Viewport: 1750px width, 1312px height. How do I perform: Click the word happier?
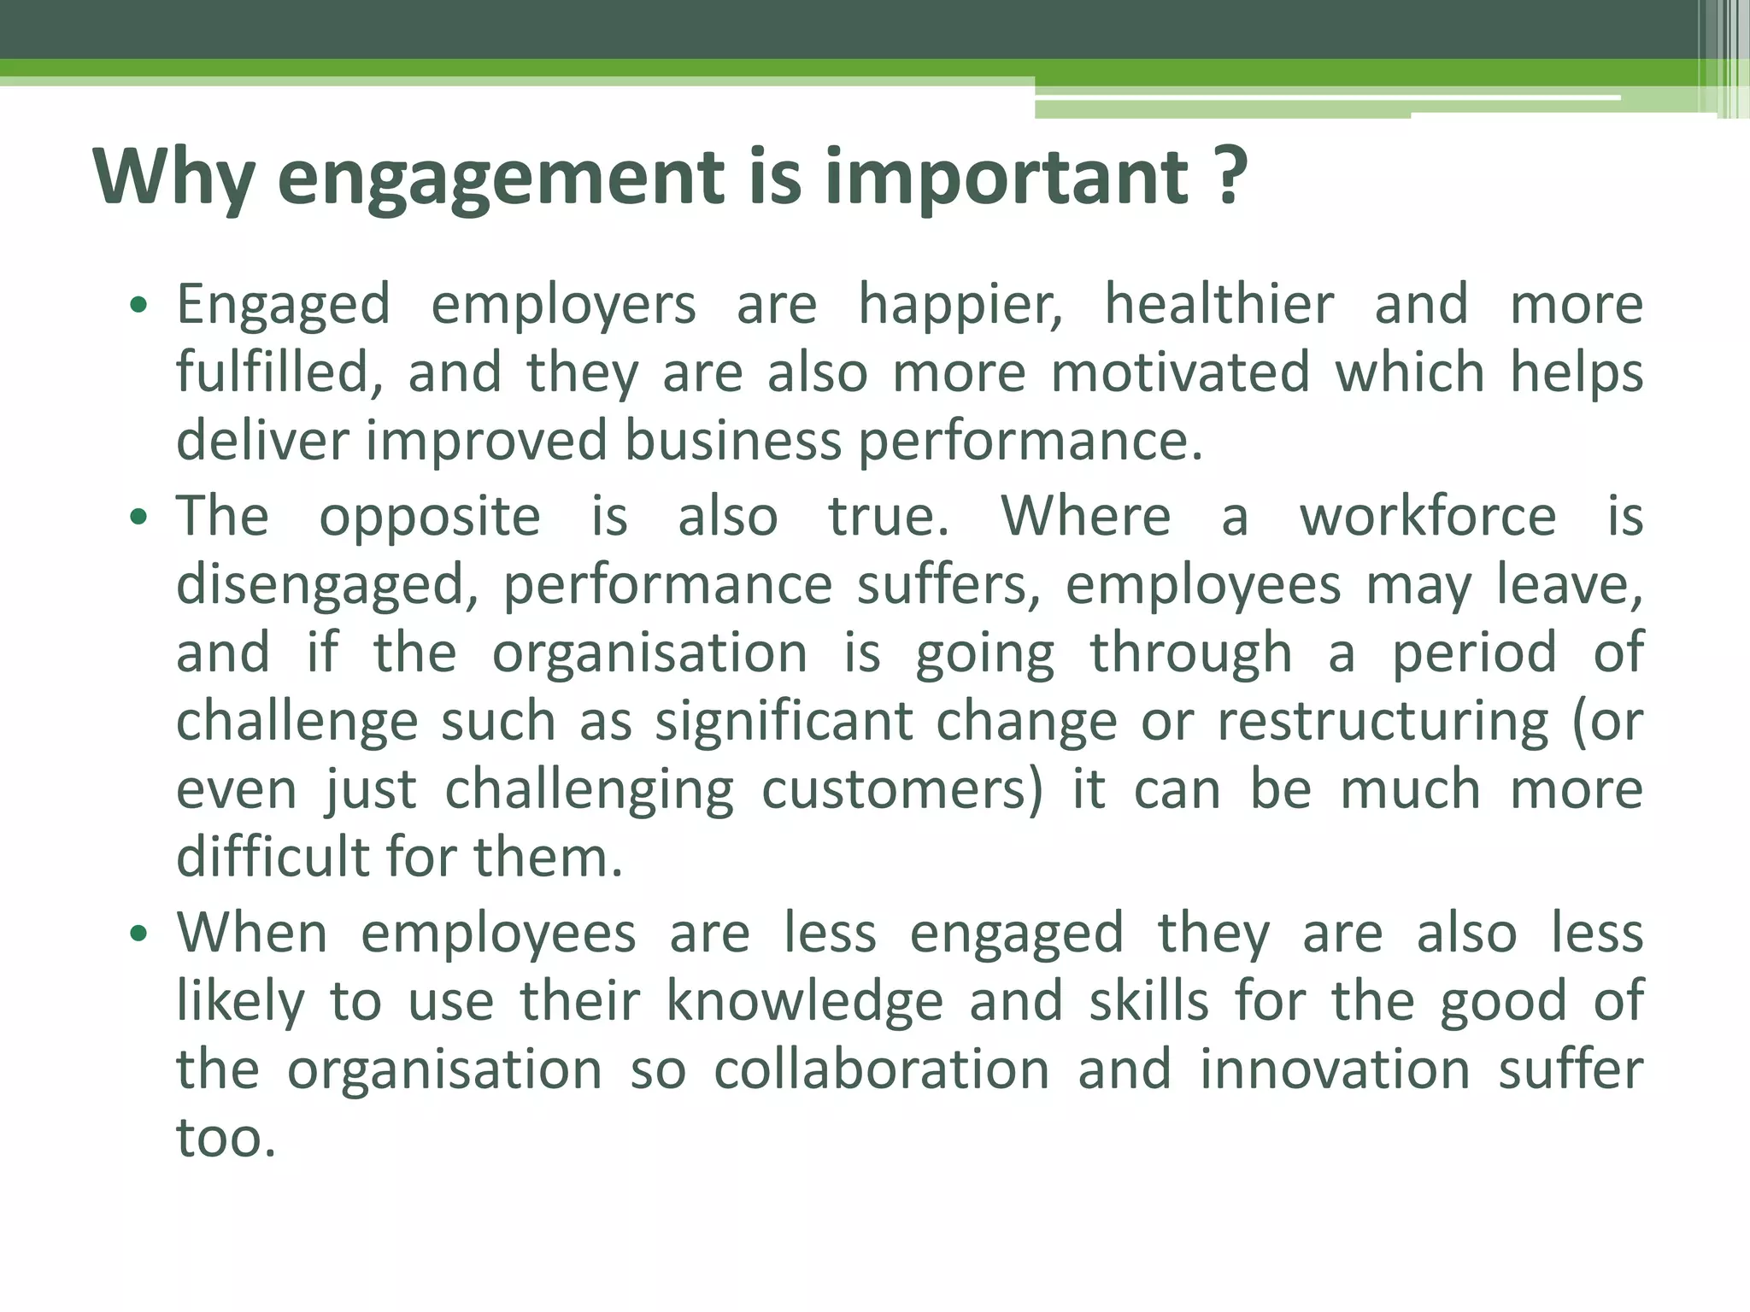[x=960, y=306]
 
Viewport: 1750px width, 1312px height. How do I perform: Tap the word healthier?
[x=1219, y=304]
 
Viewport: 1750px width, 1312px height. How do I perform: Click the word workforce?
[x=1428, y=516]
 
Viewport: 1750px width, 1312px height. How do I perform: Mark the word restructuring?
[x=1382, y=722]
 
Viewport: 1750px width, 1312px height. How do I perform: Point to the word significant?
[x=784, y=722]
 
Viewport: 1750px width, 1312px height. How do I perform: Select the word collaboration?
[x=881, y=1069]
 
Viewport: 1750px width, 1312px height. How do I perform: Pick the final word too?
[x=226, y=1139]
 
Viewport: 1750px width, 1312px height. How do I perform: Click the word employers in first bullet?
[x=563, y=306]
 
